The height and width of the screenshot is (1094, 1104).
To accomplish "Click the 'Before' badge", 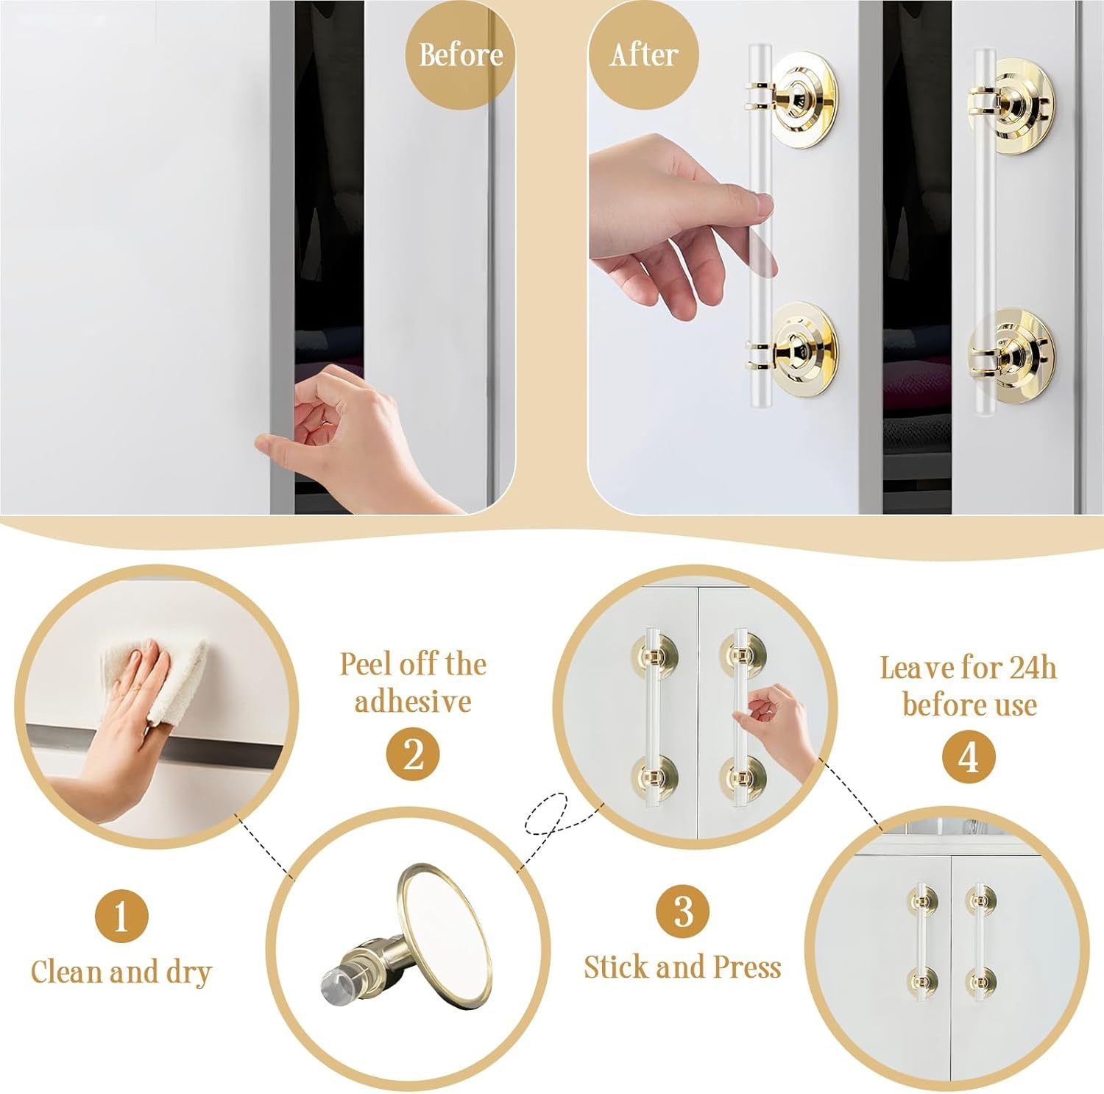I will (461, 55).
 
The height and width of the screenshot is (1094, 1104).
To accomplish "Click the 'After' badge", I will (643, 55).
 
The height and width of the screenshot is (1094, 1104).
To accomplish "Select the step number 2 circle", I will (413, 754).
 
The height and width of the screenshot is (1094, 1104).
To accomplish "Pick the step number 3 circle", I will (683, 911).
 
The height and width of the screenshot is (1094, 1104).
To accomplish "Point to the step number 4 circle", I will (969, 758).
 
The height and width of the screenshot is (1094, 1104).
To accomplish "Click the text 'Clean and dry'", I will (121, 972).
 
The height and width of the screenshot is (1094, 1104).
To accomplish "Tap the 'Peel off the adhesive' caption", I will (413, 682).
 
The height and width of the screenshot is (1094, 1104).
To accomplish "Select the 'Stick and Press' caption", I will (682, 967).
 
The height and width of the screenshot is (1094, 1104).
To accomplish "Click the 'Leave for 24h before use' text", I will (969, 686).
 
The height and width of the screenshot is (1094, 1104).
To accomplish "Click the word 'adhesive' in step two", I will (413, 702).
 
